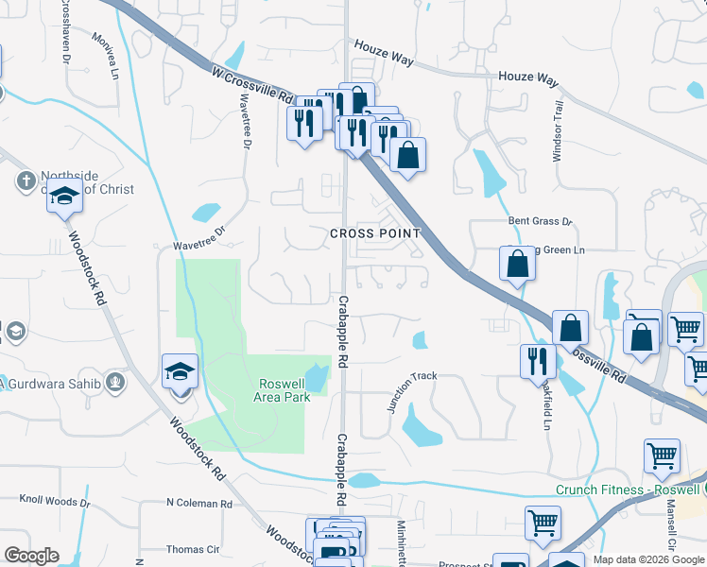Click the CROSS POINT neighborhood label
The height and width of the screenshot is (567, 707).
(x=375, y=233)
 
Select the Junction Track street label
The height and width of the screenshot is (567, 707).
(x=411, y=390)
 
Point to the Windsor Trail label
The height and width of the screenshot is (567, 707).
(x=559, y=131)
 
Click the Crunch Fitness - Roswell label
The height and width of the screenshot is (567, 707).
(x=627, y=490)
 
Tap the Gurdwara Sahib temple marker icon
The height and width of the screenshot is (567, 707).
(x=115, y=382)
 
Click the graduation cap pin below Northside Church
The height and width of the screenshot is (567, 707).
(x=64, y=198)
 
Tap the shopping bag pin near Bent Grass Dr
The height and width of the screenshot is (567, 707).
(x=517, y=265)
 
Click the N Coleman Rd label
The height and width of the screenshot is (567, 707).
(x=198, y=504)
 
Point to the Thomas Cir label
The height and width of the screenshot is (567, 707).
(x=193, y=549)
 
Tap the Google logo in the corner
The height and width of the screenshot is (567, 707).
(x=31, y=556)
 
